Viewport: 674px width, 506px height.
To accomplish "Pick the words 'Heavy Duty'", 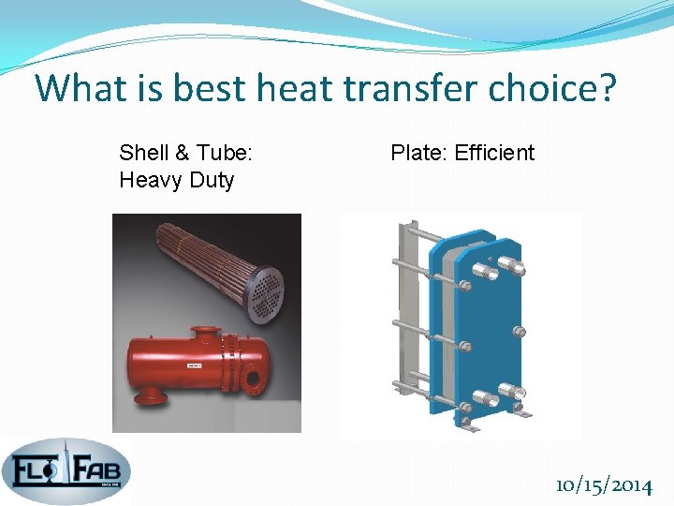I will click(177, 179).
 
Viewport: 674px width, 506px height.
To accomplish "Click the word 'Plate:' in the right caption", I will click(419, 153).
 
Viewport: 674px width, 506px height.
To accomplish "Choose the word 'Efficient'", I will click(494, 153).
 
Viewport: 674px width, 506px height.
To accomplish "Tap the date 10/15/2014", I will click(603, 485).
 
